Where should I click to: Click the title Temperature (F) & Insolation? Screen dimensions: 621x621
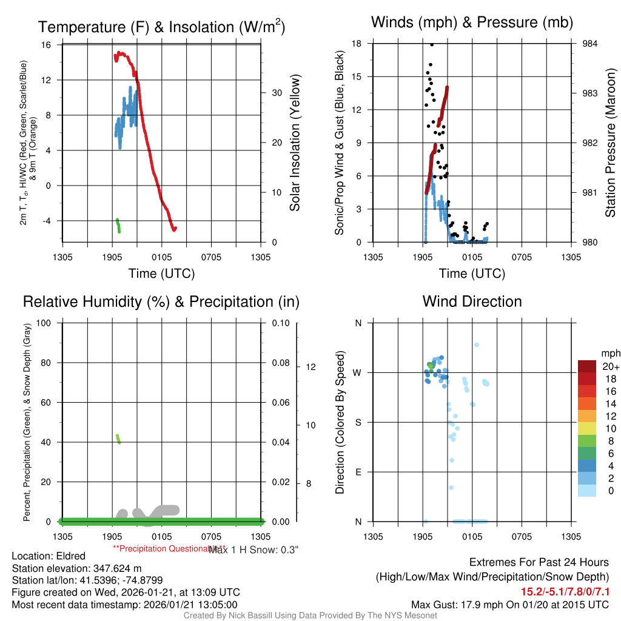[x=161, y=27]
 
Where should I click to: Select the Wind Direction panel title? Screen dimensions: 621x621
[x=472, y=301]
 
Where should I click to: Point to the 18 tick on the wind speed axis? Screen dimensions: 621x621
[x=357, y=44]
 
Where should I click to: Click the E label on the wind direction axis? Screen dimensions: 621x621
[x=358, y=472]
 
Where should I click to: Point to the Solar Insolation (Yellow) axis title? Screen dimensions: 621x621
[x=295, y=143]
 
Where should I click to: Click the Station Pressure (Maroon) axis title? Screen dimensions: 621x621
[x=611, y=143]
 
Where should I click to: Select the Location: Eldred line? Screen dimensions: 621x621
[x=49, y=556]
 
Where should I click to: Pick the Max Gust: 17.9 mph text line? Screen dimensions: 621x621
[x=509, y=605]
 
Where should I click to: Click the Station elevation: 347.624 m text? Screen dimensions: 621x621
[x=76, y=568]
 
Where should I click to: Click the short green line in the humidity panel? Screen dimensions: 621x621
[x=118, y=438]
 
